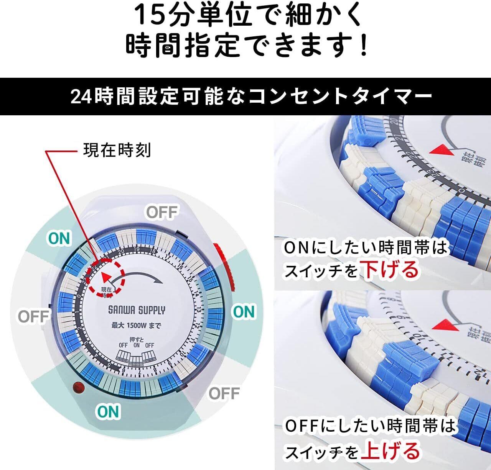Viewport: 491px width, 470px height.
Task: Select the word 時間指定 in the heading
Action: click(x=182, y=45)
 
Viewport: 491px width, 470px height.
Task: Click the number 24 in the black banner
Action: click(x=81, y=97)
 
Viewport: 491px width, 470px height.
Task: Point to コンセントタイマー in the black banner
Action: click(x=340, y=97)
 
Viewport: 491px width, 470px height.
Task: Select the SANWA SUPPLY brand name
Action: click(x=137, y=310)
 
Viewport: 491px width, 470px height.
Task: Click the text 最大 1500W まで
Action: click(x=136, y=326)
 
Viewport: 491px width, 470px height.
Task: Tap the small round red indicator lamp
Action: click(x=79, y=388)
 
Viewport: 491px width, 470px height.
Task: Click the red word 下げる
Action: click(x=390, y=269)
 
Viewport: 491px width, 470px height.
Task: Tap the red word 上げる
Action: click(x=390, y=450)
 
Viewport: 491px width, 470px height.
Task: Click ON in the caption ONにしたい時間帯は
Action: click(x=296, y=248)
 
